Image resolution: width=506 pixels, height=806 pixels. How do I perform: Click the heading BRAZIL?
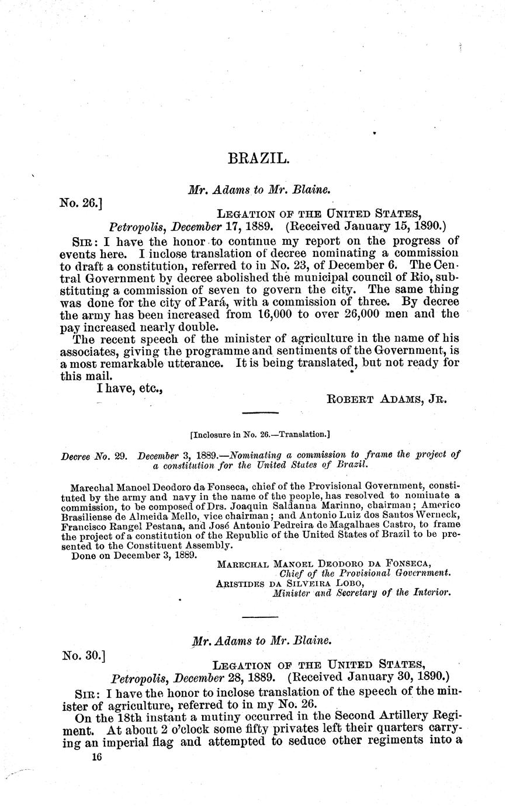[x=257, y=159]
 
